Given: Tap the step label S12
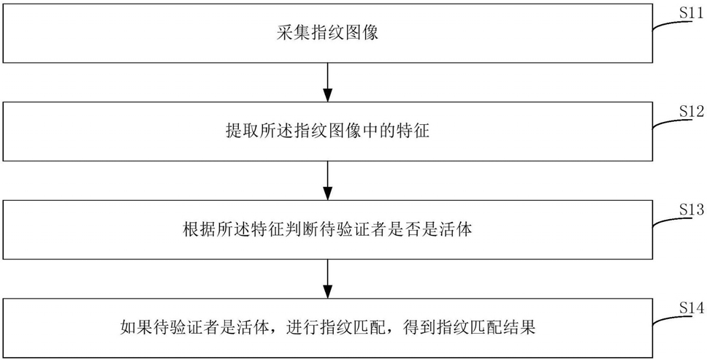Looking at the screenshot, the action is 692,110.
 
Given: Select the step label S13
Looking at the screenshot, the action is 692,209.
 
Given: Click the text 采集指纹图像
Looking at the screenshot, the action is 327,34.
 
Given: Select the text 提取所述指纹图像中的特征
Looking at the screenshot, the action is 327,131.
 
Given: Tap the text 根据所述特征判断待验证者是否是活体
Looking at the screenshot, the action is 327,230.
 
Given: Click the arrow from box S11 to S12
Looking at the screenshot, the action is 328,82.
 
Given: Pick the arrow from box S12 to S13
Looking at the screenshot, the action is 328,180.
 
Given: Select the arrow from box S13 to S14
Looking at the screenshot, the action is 328,278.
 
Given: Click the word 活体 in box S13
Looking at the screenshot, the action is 456,230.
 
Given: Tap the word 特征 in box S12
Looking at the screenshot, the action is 414,131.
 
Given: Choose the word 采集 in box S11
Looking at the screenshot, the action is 293,34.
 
